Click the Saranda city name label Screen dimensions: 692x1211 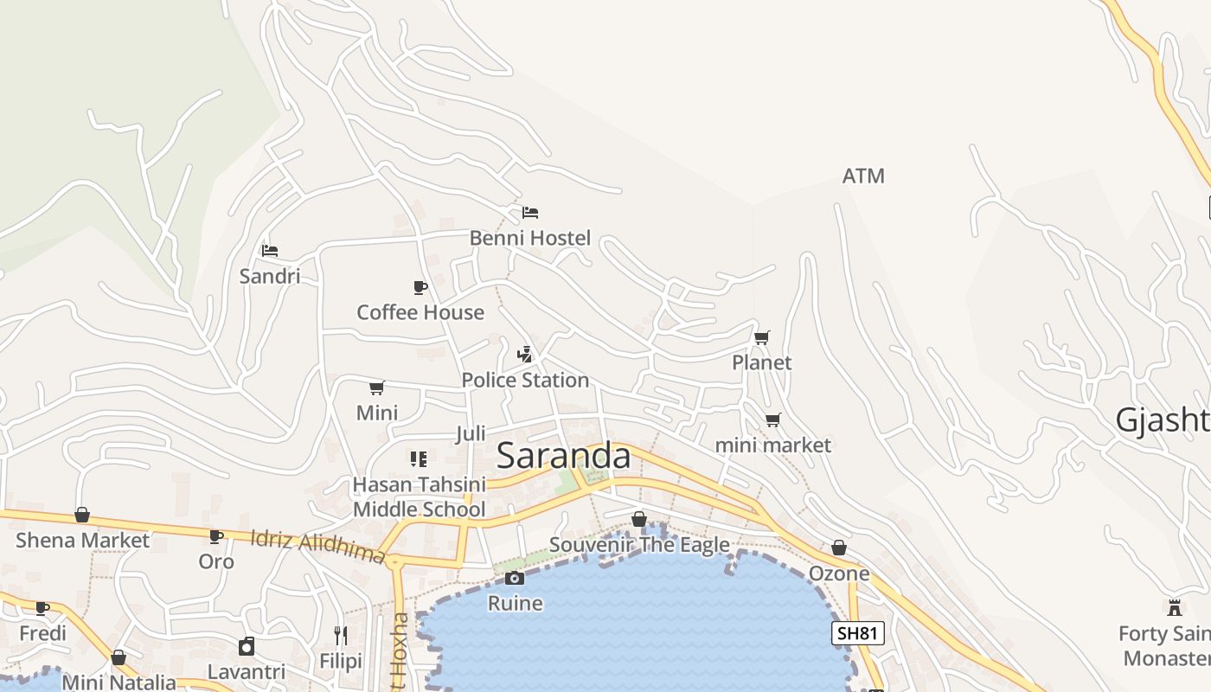pos(563,456)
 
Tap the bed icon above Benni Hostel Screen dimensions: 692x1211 pos(530,212)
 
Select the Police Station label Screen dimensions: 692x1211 pos(525,380)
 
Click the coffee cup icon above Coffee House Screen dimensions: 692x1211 pos(420,287)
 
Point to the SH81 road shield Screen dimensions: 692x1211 pos(858,633)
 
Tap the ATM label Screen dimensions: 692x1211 pos(863,176)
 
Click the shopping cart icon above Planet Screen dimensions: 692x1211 pos(762,337)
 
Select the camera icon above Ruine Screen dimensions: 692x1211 pos(515,578)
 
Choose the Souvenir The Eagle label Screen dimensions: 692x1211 pos(639,545)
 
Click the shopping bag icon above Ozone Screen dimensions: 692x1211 pos(839,548)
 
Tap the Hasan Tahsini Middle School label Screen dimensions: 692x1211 pos(420,497)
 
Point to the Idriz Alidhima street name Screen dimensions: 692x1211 pos(317,547)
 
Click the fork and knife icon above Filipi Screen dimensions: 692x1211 pos(341,636)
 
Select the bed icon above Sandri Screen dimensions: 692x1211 pos(270,251)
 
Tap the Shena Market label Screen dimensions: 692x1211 pos(82,541)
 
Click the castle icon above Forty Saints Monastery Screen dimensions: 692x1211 pos(1175,607)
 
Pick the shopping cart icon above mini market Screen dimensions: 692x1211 pos(772,420)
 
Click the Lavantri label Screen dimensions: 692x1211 pos(247,672)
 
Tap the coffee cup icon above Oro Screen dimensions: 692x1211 pos(216,536)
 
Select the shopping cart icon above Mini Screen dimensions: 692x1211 pos(377,388)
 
